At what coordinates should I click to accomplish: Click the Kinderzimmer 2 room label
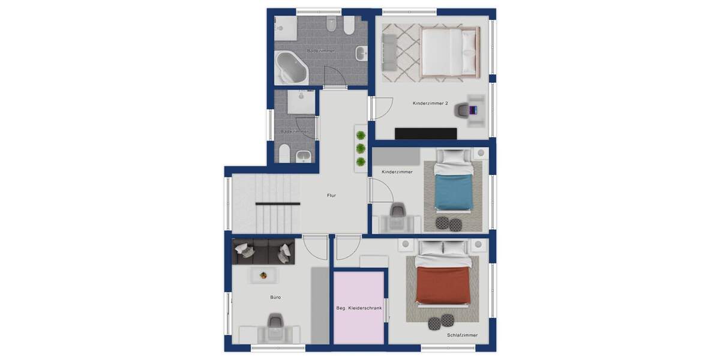[430, 103]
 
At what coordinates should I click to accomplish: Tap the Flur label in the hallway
[331, 195]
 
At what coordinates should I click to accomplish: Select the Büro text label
[275, 297]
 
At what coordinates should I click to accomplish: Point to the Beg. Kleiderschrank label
[359, 308]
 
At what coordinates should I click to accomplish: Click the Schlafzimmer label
[462, 335]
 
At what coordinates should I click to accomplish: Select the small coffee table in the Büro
[263, 275]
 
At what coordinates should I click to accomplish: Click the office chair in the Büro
[275, 325]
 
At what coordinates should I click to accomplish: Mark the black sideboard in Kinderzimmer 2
[425, 133]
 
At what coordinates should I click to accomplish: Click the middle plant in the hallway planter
[361, 148]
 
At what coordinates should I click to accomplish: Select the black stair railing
[277, 204]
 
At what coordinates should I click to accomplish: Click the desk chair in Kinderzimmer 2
[462, 110]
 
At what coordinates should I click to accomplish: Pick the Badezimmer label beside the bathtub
[320, 51]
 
